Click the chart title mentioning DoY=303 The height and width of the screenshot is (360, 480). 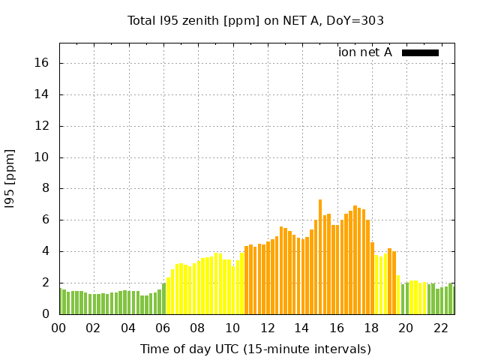(x=256, y=20)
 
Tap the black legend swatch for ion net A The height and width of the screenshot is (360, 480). (x=420, y=52)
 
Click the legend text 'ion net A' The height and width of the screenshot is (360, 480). (x=365, y=52)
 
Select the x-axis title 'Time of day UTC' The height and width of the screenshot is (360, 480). (x=256, y=349)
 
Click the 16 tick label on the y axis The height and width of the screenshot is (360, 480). (x=42, y=63)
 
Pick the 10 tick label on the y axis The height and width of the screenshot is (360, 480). (x=42, y=157)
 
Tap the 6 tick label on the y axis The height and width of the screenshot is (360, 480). (x=46, y=220)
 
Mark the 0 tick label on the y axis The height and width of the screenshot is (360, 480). (x=46, y=314)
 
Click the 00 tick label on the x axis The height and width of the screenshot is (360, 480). (x=59, y=328)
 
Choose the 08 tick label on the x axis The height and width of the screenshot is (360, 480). (x=197, y=328)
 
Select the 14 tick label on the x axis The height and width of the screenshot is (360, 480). (x=301, y=328)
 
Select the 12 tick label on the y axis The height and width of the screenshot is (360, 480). (x=42, y=126)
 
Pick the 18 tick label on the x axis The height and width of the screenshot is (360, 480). (x=370, y=328)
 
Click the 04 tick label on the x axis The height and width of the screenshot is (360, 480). (x=128, y=328)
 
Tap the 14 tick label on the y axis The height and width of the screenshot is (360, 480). (x=42, y=94)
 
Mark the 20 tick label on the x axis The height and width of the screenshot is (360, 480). (x=405, y=328)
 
